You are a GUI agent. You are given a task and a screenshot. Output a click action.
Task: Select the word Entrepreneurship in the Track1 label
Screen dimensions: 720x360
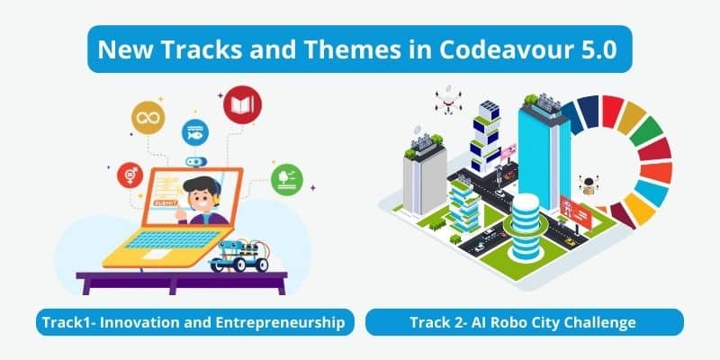[x=281, y=322]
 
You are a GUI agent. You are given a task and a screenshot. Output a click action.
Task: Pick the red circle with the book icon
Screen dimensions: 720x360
[x=242, y=105]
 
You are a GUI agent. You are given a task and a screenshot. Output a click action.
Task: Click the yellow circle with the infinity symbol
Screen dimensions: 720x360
[x=148, y=118]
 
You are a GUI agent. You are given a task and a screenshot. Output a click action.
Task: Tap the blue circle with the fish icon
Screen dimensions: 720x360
[x=195, y=132]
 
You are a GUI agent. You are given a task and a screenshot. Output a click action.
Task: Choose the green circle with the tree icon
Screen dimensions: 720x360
[x=287, y=179]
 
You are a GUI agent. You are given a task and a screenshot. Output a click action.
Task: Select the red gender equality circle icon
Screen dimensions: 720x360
[x=130, y=175]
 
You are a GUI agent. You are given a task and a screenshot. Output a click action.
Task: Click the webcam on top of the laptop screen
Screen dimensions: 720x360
[x=196, y=162]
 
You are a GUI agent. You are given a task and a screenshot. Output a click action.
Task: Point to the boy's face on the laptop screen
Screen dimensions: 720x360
[x=200, y=198]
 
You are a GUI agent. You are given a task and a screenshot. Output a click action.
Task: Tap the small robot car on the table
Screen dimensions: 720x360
[x=239, y=256]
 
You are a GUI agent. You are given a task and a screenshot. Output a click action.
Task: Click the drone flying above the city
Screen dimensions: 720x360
[x=448, y=100]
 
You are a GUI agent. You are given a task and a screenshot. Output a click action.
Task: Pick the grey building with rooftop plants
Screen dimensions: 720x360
[x=424, y=176]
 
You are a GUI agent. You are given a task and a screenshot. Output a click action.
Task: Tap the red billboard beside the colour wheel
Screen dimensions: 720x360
[x=576, y=211]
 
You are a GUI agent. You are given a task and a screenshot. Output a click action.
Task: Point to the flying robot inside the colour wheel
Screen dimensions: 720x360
[x=589, y=184]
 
